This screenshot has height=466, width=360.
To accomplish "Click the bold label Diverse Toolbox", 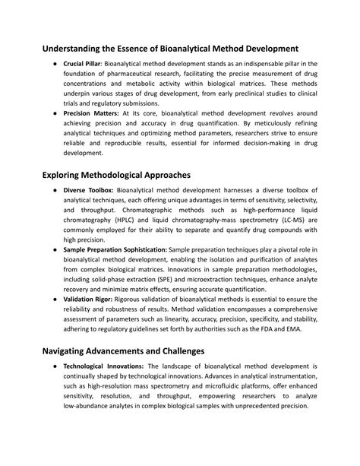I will pyautogui.click(x=89, y=191).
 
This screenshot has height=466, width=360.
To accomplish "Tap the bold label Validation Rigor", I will pyautogui.click(x=86, y=300).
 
